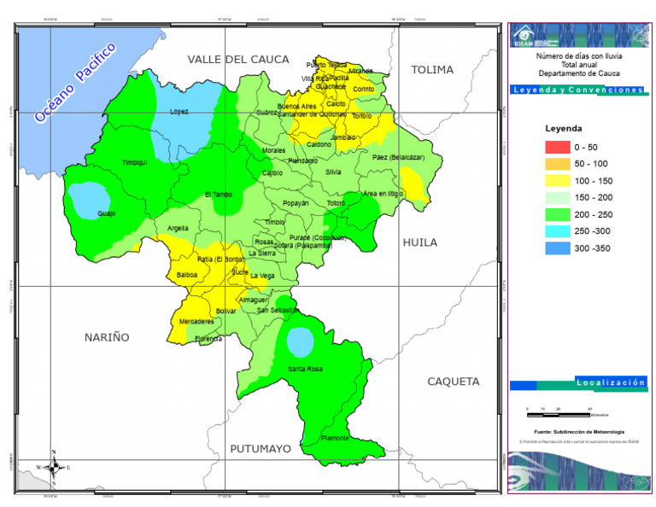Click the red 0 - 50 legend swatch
click(x=557, y=147)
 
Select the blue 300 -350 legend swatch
click(x=557, y=248)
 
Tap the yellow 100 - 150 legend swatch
click(x=557, y=181)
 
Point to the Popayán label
click(x=296, y=204)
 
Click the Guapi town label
click(x=106, y=213)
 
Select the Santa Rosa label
click(x=305, y=369)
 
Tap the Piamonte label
click(x=335, y=438)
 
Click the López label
click(x=179, y=112)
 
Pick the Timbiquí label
click(x=135, y=161)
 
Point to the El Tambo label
click(x=219, y=195)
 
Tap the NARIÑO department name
click(x=107, y=337)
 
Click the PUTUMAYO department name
click(x=261, y=448)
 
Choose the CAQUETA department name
click(x=454, y=382)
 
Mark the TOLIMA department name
click(x=432, y=70)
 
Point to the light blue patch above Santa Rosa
click(x=300, y=342)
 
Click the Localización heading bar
click(x=611, y=382)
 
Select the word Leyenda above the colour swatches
click(x=564, y=128)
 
